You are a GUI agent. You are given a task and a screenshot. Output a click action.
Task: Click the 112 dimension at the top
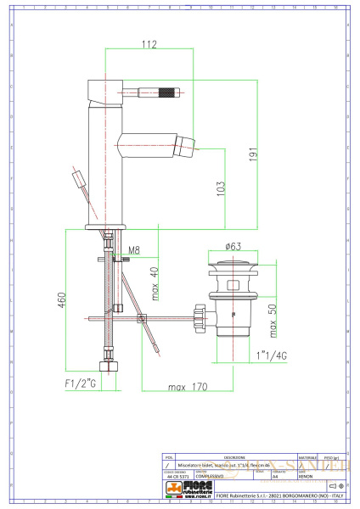click(x=149, y=45)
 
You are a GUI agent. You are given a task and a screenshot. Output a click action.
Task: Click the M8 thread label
click(x=132, y=250)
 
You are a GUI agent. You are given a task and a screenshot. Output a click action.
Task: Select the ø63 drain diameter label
click(x=233, y=247)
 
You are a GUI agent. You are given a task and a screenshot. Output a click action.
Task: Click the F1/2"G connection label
click(x=82, y=384)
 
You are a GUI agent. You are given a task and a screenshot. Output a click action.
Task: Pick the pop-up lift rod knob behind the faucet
click(x=79, y=180)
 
